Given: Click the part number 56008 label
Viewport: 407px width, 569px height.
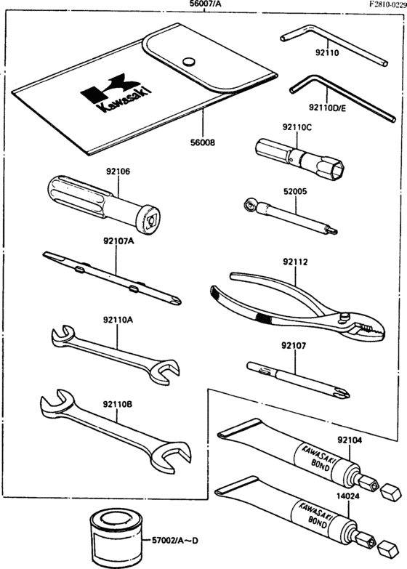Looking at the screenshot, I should click(x=202, y=144).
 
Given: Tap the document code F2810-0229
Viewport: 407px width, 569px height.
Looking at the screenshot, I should click(x=377, y=5).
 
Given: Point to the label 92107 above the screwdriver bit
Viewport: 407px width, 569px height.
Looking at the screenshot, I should click(x=296, y=346).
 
